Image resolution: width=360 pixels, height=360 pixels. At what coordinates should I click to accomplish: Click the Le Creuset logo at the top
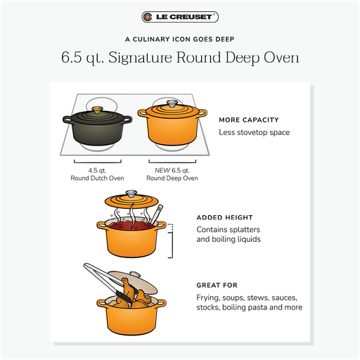(x=180, y=17)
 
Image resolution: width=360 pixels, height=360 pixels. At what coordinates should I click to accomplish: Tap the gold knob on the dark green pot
(x=97, y=110)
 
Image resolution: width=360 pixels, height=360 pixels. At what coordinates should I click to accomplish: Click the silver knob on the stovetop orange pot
(x=172, y=103)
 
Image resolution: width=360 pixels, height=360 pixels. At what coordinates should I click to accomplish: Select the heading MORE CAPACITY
(x=249, y=120)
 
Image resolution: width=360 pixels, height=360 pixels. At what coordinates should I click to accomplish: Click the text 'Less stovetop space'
(x=255, y=132)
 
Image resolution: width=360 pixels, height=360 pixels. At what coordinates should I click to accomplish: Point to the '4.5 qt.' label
(x=97, y=170)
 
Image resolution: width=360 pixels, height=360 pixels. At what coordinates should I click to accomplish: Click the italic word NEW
(x=162, y=170)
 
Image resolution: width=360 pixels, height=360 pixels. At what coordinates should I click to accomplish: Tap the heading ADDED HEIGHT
(x=224, y=217)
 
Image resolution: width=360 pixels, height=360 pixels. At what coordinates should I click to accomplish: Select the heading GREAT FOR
(x=217, y=285)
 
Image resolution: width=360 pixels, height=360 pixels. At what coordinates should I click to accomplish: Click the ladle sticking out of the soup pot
(x=157, y=214)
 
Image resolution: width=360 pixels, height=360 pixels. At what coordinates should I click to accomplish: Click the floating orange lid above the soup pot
(x=131, y=201)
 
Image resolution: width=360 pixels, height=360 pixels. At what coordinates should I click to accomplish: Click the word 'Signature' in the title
(x=140, y=58)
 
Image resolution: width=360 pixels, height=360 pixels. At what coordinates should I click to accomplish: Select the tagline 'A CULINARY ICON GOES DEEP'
(x=180, y=39)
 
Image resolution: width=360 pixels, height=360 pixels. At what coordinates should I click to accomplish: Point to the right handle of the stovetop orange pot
(x=202, y=113)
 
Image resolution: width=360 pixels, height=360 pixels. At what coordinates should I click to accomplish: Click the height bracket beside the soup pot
(x=172, y=241)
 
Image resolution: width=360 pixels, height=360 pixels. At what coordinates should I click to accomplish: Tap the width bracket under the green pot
(x=98, y=162)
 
